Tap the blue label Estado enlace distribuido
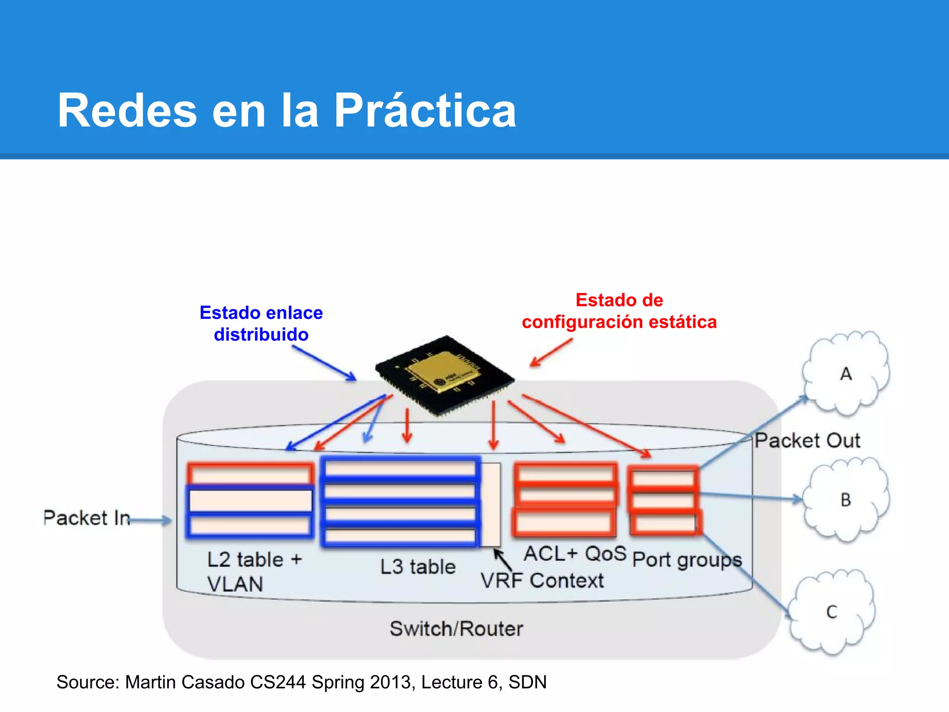pyautogui.click(x=261, y=323)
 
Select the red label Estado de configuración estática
pyautogui.click(x=619, y=311)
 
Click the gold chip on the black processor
pyautogui.click(x=442, y=371)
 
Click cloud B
pyautogui.click(x=846, y=500)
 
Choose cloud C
pyautogui.click(x=832, y=612)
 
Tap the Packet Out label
pyautogui.click(x=807, y=440)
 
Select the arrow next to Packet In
pyautogui.click(x=151, y=521)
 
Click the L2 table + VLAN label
pyautogui.click(x=254, y=571)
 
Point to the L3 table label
pyautogui.click(x=418, y=566)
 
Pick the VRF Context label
pyautogui.click(x=542, y=580)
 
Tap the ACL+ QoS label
pyautogui.click(x=575, y=553)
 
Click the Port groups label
pyautogui.click(x=687, y=559)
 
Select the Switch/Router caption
pyautogui.click(x=456, y=629)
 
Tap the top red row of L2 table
pyautogui.click(x=250, y=474)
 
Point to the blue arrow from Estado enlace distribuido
pyautogui.click(x=324, y=364)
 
